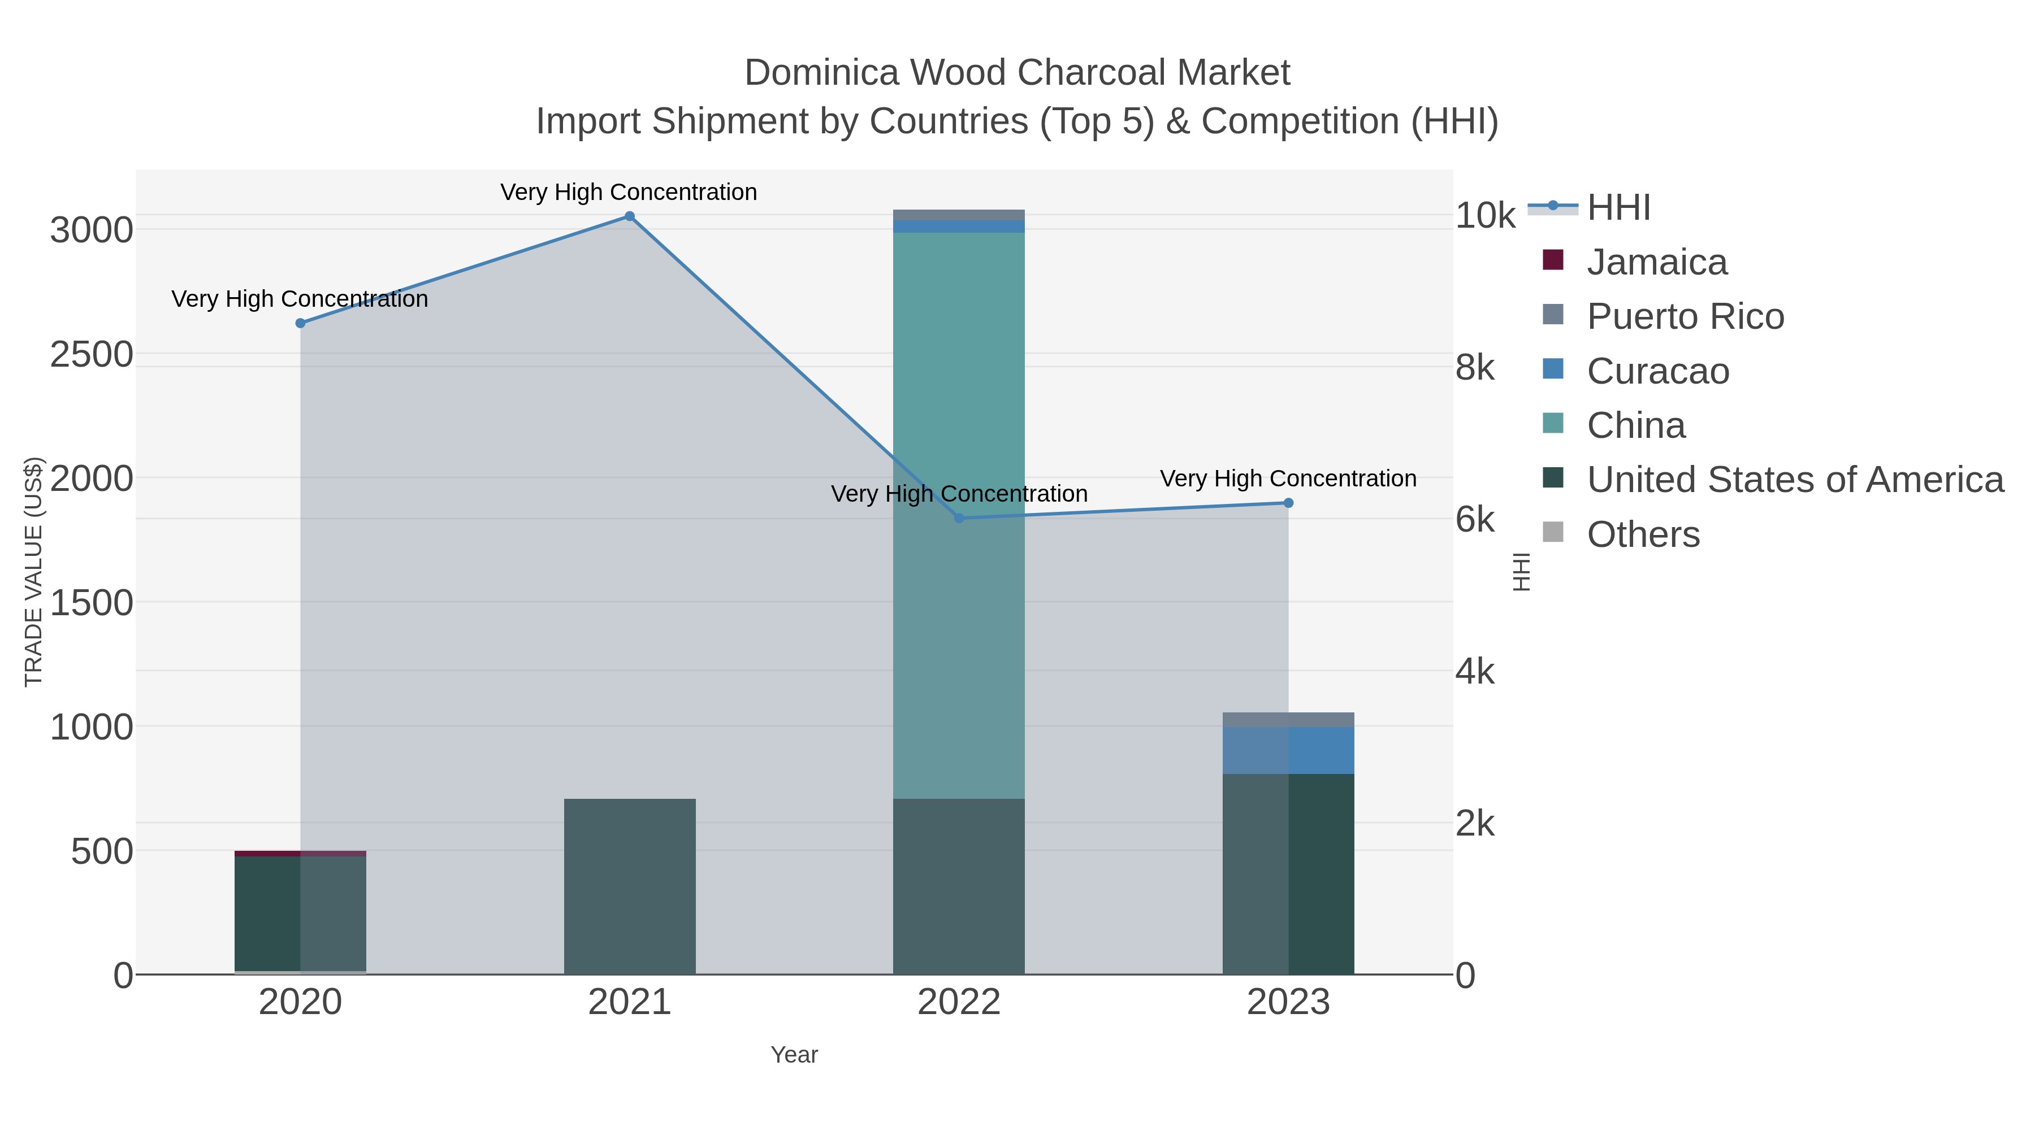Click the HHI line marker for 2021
point(630,216)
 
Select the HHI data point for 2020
point(300,323)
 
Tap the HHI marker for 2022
point(959,518)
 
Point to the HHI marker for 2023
point(1288,503)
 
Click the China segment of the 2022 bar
point(959,395)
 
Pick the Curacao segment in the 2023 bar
point(1288,750)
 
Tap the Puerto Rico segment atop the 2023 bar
point(1288,719)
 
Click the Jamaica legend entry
point(1657,262)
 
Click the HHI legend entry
point(1618,208)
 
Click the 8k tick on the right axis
point(1475,368)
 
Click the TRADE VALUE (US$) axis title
point(34,572)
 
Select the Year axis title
point(794,1055)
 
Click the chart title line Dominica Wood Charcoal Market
point(1017,73)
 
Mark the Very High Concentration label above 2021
point(628,192)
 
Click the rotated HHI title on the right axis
point(1522,572)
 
